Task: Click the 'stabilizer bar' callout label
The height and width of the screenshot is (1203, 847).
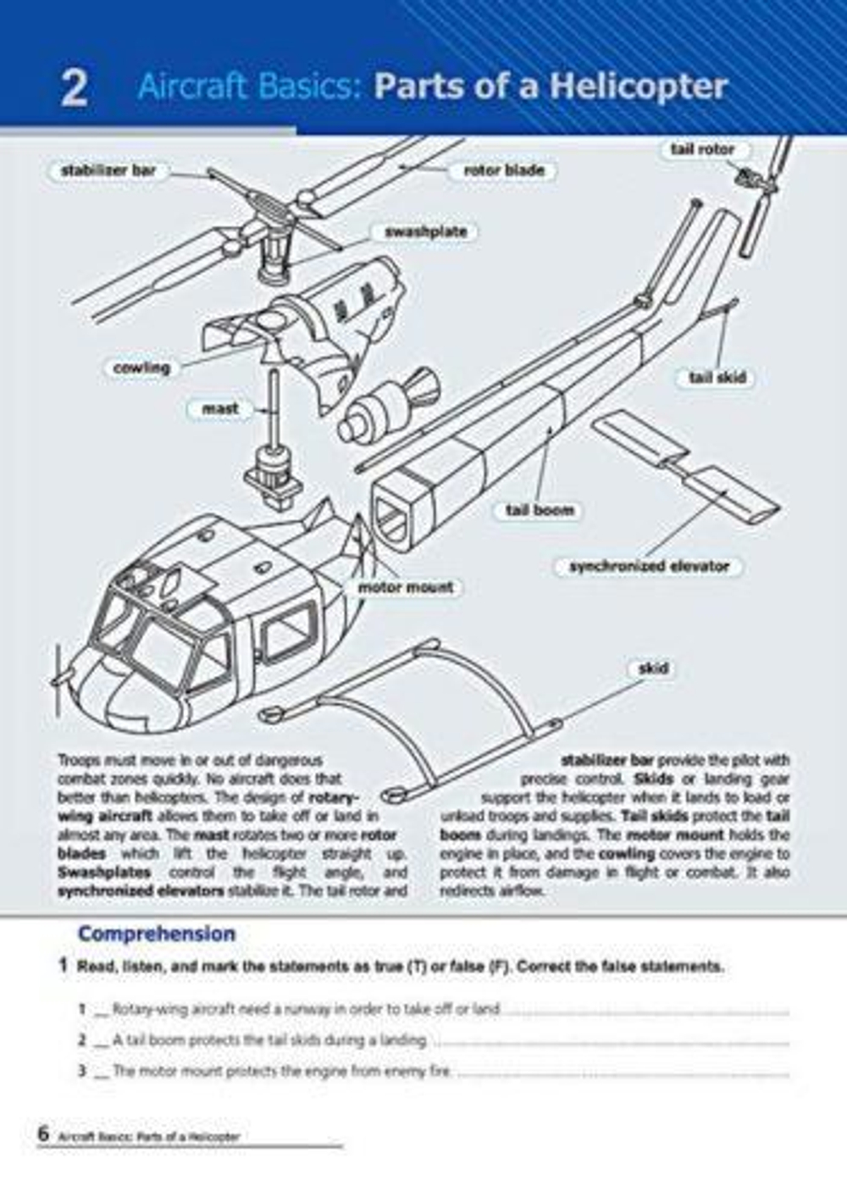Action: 108,170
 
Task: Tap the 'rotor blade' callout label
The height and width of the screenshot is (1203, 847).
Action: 504,170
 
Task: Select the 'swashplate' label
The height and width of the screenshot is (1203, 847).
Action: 425,231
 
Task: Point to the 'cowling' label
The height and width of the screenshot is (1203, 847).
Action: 141,368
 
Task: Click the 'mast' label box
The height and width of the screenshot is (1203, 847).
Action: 219,408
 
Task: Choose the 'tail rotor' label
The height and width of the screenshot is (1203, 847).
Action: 702,149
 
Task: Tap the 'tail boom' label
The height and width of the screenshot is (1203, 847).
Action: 540,510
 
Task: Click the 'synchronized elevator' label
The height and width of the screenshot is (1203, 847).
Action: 649,566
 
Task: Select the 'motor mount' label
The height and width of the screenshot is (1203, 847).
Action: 405,586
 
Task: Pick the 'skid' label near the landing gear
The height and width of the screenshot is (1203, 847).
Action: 652,668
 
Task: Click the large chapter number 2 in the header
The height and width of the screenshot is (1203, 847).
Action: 75,88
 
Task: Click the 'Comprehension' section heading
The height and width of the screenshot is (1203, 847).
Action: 157,934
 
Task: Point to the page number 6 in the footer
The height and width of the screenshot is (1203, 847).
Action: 43,1134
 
